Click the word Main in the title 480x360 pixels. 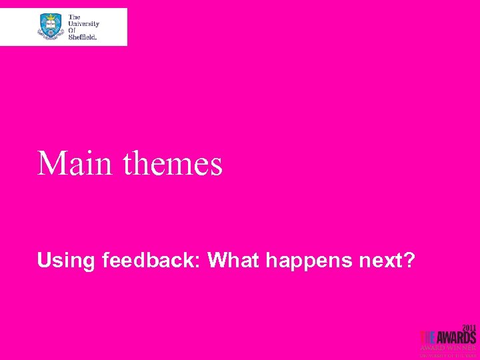[x=75, y=163]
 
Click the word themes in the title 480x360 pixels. [x=172, y=163]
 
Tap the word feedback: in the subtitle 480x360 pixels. [x=153, y=261]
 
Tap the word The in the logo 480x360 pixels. [x=74, y=17]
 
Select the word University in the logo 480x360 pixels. [x=83, y=23]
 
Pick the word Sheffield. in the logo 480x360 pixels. [x=83, y=37]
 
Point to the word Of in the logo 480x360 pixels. [x=73, y=31]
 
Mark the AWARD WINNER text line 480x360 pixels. [x=448, y=347]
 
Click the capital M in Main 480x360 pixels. [x=51, y=163]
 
